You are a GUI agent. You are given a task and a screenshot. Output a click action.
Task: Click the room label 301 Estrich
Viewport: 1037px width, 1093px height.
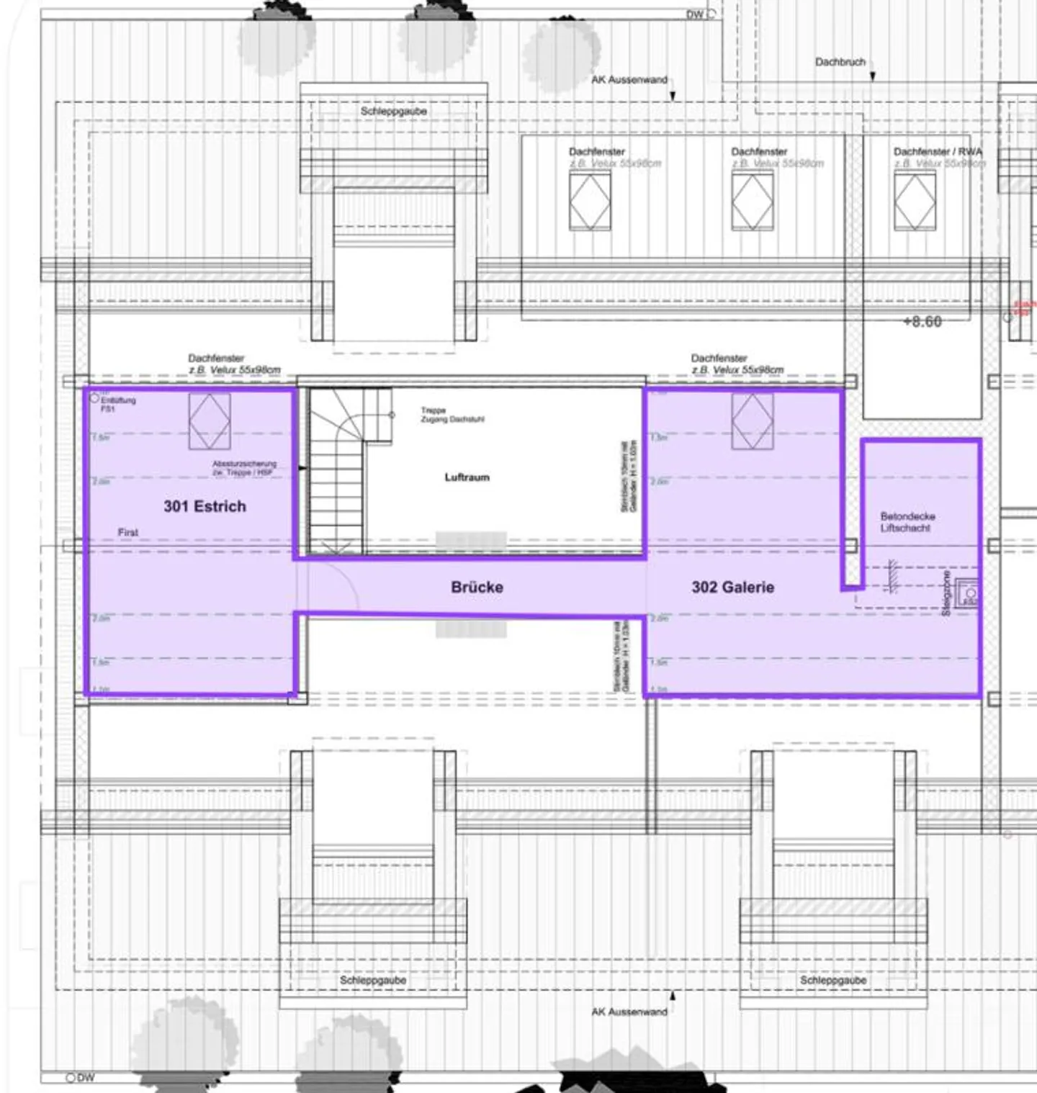coord(205,506)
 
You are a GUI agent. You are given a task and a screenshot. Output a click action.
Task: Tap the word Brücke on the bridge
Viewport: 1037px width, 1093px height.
coord(477,587)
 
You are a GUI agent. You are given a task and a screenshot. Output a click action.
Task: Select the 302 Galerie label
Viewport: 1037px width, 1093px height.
coord(732,587)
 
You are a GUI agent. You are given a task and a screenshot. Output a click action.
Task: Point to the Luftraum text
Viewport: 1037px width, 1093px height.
coord(467,477)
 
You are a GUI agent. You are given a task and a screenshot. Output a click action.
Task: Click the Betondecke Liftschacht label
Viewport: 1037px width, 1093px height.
coord(907,522)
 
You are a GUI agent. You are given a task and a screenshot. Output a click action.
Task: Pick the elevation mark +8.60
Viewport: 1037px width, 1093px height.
coord(922,322)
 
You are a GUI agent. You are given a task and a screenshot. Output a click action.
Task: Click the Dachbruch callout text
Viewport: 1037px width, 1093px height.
coord(840,62)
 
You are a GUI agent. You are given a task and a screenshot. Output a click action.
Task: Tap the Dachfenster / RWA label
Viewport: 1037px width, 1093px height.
coord(937,152)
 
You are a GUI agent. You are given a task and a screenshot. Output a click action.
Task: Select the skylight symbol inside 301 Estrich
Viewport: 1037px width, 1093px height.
coord(210,421)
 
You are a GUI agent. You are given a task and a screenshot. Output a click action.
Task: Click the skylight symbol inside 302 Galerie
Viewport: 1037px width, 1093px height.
coord(752,421)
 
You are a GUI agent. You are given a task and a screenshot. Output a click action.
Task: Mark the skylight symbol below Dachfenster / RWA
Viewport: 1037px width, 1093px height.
coord(915,202)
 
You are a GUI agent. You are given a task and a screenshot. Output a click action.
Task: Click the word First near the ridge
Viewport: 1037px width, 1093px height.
coord(128,532)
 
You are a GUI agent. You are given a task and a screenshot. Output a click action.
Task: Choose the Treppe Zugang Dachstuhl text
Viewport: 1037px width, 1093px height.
coord(452,415)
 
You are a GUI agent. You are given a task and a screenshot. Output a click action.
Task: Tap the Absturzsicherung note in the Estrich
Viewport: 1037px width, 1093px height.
coord(244,468)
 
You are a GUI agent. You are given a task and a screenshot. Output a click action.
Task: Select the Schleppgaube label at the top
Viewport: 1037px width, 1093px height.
coord(393,112)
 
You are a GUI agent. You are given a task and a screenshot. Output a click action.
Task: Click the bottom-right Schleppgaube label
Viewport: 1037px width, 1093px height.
coord(832,980)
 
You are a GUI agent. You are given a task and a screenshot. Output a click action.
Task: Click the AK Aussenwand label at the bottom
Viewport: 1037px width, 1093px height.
coord(629,1012)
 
